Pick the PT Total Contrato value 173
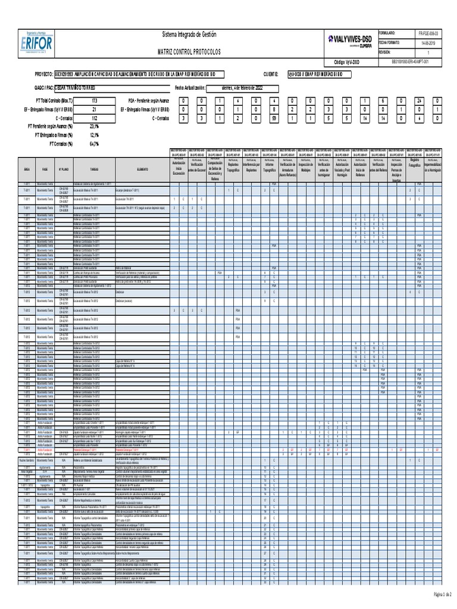(93, 101)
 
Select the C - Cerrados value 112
(93, 118)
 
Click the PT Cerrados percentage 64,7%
(93, 143)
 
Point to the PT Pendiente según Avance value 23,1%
(93, 126)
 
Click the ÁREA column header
(27, 168)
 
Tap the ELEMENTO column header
(142, 168)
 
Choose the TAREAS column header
(93, 168)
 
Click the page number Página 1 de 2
(440, 595)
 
